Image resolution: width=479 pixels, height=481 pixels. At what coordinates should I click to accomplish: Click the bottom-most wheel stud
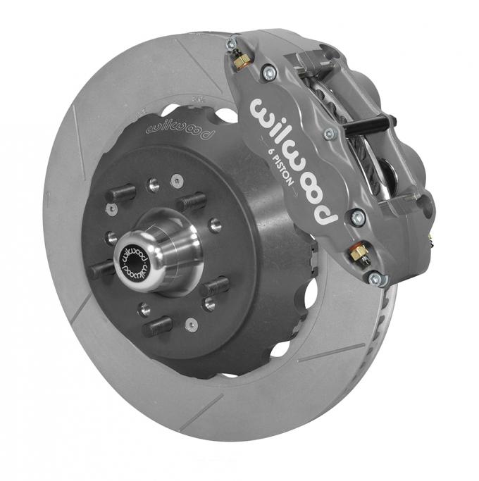[x=157, y=326]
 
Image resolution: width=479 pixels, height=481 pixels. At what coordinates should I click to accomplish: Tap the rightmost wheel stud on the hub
[x=216, y=285]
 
